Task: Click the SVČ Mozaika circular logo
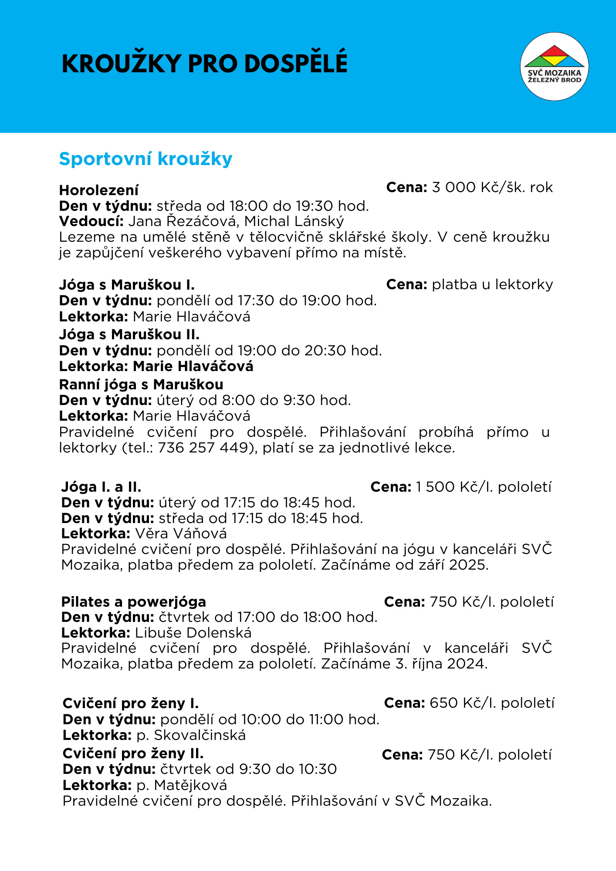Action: click(x=554, y=66)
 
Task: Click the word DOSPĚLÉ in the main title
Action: click(x=296, y=64)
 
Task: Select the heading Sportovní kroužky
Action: click(x=146, y=159)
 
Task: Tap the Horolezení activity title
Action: click(x=99, y=190)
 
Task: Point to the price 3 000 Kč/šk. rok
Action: click(x=492, y=187)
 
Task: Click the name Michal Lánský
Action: click(x=294, y=221)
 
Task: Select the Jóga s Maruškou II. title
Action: click(x=129, y=334)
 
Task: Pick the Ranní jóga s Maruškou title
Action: click(x=141, y=385)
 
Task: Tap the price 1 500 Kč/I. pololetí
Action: click(x=484, y=487)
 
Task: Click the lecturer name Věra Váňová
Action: click(x=181, y=533)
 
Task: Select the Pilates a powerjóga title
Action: click(x=133, y=602)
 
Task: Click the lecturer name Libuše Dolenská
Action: click(x=193, y=632)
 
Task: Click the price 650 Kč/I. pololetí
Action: click(x=492, y=703)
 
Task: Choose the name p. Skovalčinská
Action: click(x=191, y=735)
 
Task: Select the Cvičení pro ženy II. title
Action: click(x=133, y=753)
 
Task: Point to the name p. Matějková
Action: click(x=182, y=785)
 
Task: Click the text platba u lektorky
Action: click(x=492, y=284)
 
